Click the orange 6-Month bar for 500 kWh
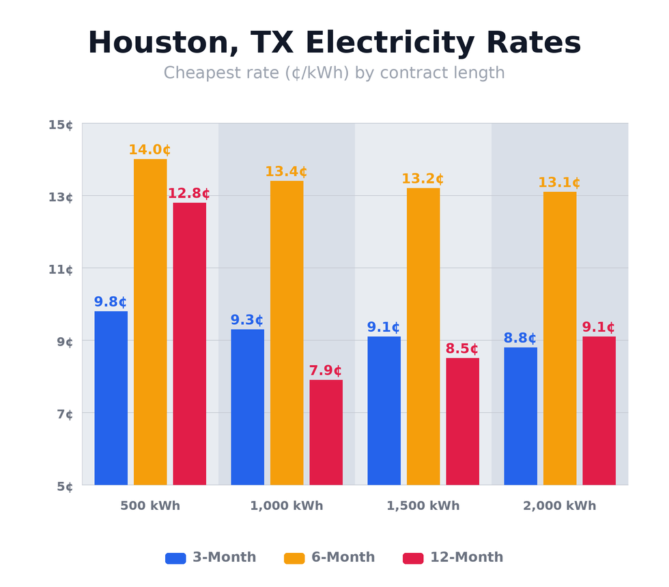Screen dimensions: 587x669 point(150,322)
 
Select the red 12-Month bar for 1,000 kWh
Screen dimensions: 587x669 point(326,432)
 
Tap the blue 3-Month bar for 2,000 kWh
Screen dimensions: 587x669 point(520,416)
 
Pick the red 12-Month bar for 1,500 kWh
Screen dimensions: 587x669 point(462,421)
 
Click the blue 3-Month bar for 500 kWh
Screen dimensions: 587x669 point(111,398)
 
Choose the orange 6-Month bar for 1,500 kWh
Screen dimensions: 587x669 point(423,337)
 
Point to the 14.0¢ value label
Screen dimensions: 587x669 point(150,150)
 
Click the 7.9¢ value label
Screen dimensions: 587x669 point(326,371)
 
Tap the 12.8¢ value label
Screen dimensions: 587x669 point(189,194)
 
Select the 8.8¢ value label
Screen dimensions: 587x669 point(520,339)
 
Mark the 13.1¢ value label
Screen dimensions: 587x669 point(559,183)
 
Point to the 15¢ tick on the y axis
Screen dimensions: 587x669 point(61,125)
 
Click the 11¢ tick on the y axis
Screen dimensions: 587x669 point(61,270)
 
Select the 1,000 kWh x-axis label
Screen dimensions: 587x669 point(287,506)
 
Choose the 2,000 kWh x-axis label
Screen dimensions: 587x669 point(560,506)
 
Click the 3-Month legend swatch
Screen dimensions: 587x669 point(175,558)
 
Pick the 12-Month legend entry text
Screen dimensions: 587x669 point(466,558)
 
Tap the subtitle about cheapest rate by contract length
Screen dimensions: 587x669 point(334,73)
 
